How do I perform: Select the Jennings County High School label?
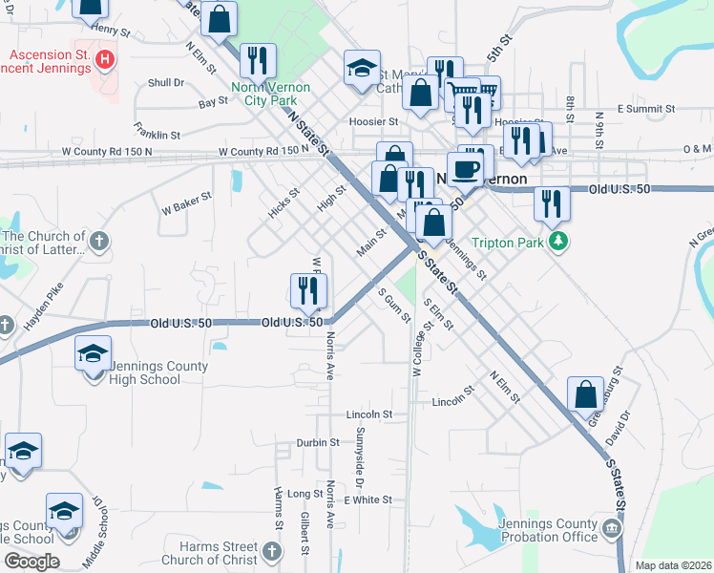145,372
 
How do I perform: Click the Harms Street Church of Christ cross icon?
272,551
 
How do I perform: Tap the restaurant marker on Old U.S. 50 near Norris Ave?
308,292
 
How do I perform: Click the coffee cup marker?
465,169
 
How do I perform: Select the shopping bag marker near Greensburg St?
585,395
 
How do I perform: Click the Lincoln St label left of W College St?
370,414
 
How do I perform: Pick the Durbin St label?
318,442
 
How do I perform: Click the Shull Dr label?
166,83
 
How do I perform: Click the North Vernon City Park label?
270,93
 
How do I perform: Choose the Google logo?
31,561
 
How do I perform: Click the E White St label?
368,499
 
